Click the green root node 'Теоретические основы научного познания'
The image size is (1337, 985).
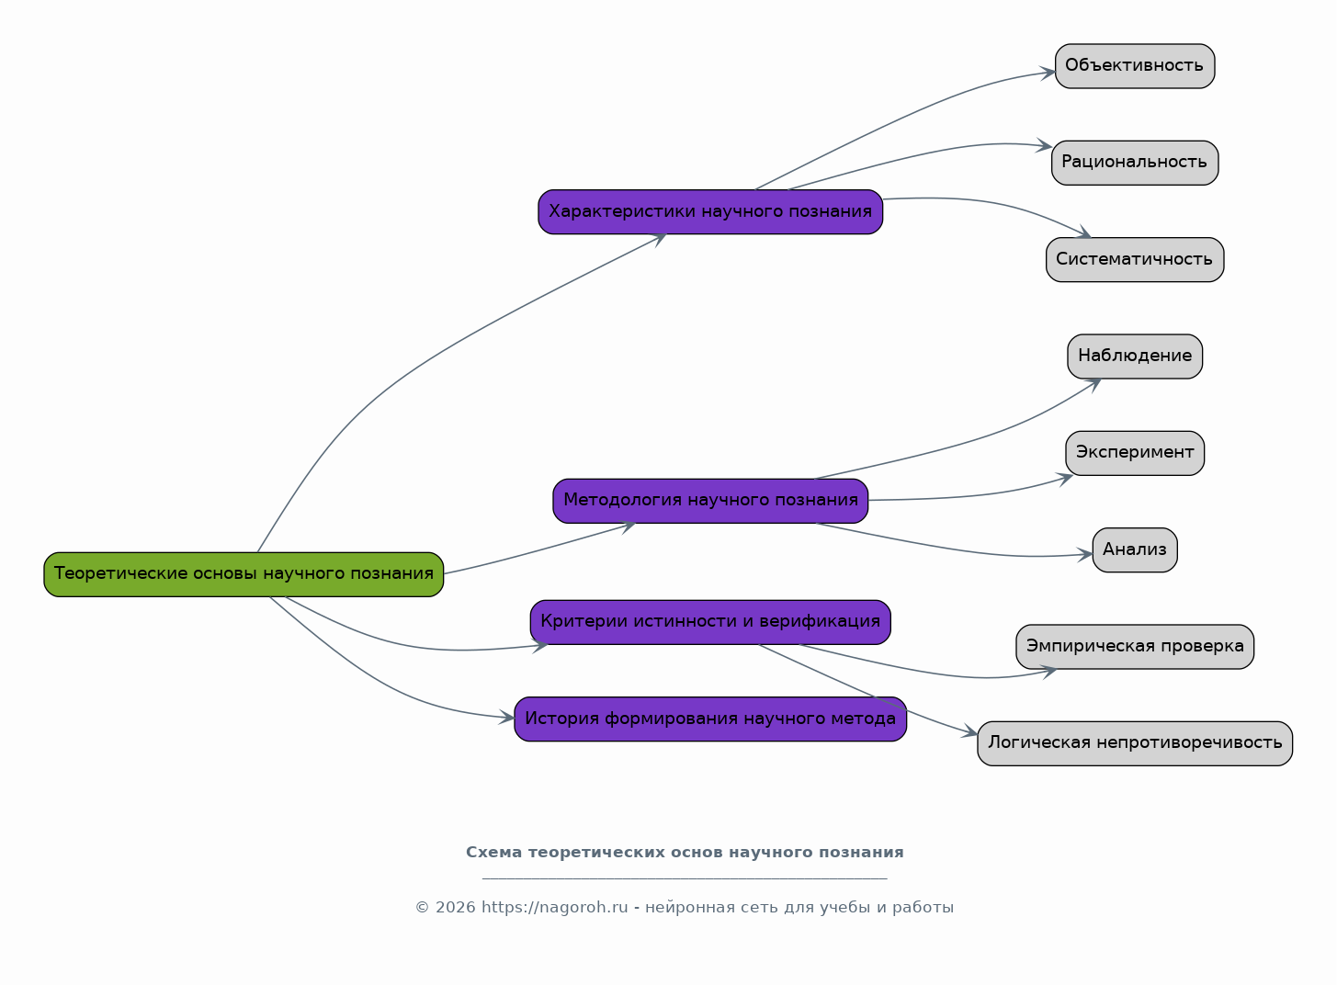244,574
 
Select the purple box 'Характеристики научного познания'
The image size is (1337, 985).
710,212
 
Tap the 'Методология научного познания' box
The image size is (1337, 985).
710,501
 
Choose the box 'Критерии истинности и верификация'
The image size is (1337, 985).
710,622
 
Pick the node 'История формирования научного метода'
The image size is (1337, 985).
710,719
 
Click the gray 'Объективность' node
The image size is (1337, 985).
1135,66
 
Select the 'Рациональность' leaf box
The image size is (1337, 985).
1135,163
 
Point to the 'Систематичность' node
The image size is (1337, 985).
1135,260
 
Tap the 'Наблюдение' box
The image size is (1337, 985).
1135,357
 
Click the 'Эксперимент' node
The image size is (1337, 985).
1135,453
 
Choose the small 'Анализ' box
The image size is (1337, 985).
1135,549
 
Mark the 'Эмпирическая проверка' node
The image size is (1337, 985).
1135,647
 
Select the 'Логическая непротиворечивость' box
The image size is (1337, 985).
1135,743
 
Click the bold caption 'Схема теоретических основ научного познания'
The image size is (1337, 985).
685,853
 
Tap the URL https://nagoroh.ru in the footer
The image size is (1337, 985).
554,908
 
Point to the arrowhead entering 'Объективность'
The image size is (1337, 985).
1048,74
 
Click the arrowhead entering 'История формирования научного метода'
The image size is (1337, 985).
506,718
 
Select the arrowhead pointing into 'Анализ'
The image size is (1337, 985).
1085,555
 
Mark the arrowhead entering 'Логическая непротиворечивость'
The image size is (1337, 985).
970,731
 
